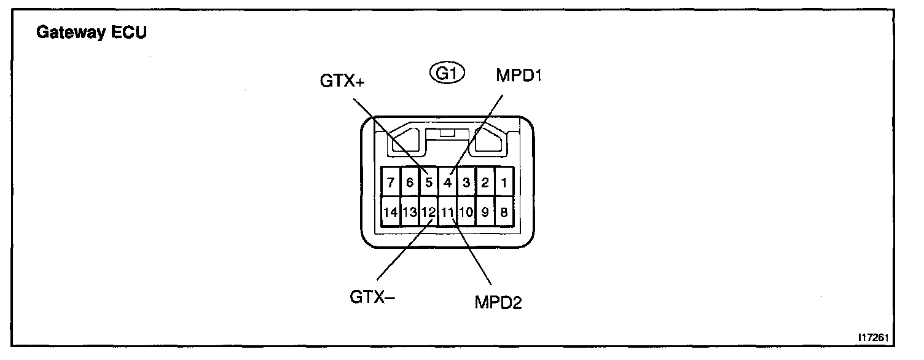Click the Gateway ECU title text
[92, 34]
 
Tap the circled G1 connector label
[447, 74]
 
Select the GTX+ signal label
[342, 80]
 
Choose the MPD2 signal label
[498, 302]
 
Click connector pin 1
[504, 182]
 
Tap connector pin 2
[485, 182]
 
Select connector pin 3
[466, 182]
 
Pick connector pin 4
[448, 182]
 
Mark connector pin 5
[429, 182]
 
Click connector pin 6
[410, 182]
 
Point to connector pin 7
[391, 182]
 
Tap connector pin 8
[504, 213]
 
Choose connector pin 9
[485, 213]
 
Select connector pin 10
[466, 213]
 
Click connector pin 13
[410, 213]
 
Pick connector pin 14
[391, 213]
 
